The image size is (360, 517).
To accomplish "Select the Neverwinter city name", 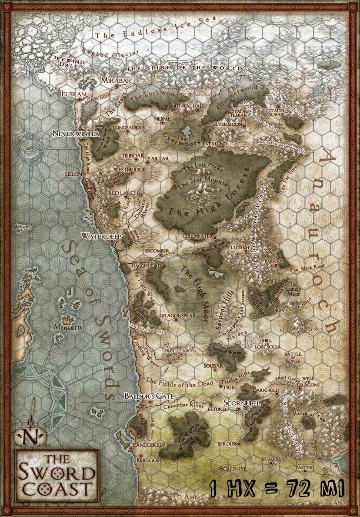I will pyautogui.click(x=76, y=133).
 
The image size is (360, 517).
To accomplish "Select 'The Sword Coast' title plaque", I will pyautogui.click(x=57, y=476).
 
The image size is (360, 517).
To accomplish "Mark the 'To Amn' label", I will pyautogui.click(x=187, y=496).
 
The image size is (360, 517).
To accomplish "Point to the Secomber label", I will pyautogui.click(x=157, y=251).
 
